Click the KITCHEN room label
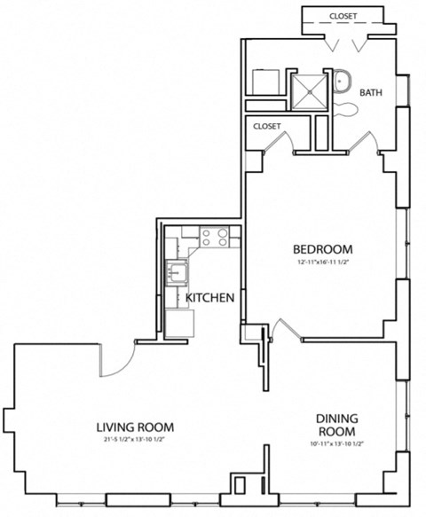click(209, 298)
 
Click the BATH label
click(371, 92)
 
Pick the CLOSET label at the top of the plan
click(343, 16)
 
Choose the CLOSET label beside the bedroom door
click(267, 127)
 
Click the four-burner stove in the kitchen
click(215, 237)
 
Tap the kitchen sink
click(177, 271)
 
